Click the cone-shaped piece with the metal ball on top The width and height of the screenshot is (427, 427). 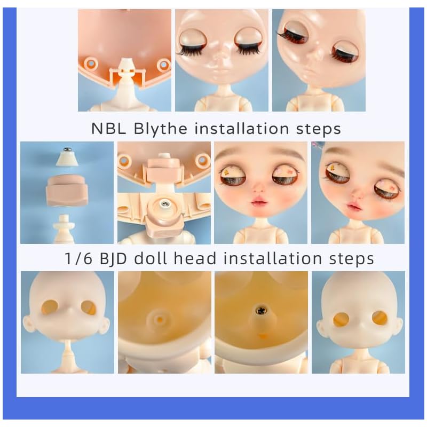coord(67,156)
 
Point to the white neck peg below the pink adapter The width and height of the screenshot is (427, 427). coord(67,227)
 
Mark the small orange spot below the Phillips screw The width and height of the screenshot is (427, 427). coord(262,335)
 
